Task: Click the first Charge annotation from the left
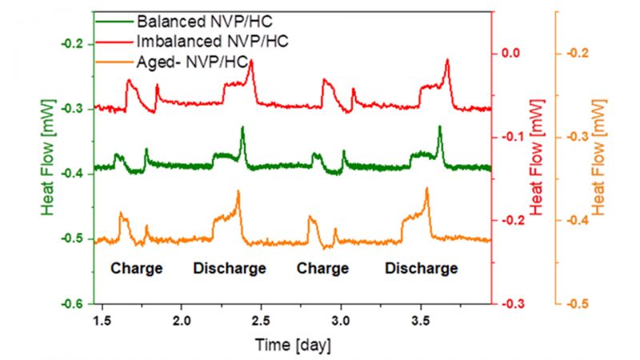point(137,269)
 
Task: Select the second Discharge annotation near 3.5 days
point(422,269)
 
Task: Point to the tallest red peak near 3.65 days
point(446,61)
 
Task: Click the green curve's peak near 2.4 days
point(242,128)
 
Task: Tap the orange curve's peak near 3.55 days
point(427,189)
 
